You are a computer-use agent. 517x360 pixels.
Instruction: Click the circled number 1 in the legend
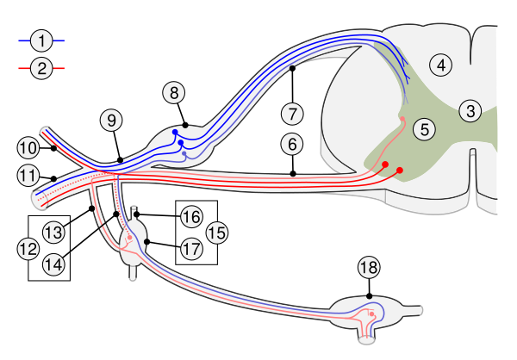(x=41, y=40)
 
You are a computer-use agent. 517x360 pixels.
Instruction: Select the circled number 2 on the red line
(x=41, y=67)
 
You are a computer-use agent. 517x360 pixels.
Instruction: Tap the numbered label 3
(x=470, y=111)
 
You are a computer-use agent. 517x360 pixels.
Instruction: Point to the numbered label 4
(x=441, y=65)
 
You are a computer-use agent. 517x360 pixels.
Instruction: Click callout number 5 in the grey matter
(x=424, y=129)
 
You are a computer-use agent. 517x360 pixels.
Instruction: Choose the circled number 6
(x=293, y=144)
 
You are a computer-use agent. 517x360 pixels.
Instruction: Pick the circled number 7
(x=293, y=114)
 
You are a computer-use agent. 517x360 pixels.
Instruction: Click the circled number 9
(x=110, y=121)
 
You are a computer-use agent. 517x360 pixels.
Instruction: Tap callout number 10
(x=28, y=147)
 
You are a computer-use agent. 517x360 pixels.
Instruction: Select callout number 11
(x=28, y=176)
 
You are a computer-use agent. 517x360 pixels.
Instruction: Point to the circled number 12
(x=28, y=249)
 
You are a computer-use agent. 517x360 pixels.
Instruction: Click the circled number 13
(x=53, y=232)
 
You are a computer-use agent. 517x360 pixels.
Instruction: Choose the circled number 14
(x=53, y=265)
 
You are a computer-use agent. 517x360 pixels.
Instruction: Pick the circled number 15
(x=216, y=232)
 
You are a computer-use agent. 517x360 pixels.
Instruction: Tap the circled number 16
(x=191, y=216)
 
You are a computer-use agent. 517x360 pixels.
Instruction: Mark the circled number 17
(x=191, y=249)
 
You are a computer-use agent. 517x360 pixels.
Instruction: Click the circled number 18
(x=369, y=268)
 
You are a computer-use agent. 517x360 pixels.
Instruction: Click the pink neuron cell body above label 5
(x=402, y=120)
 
